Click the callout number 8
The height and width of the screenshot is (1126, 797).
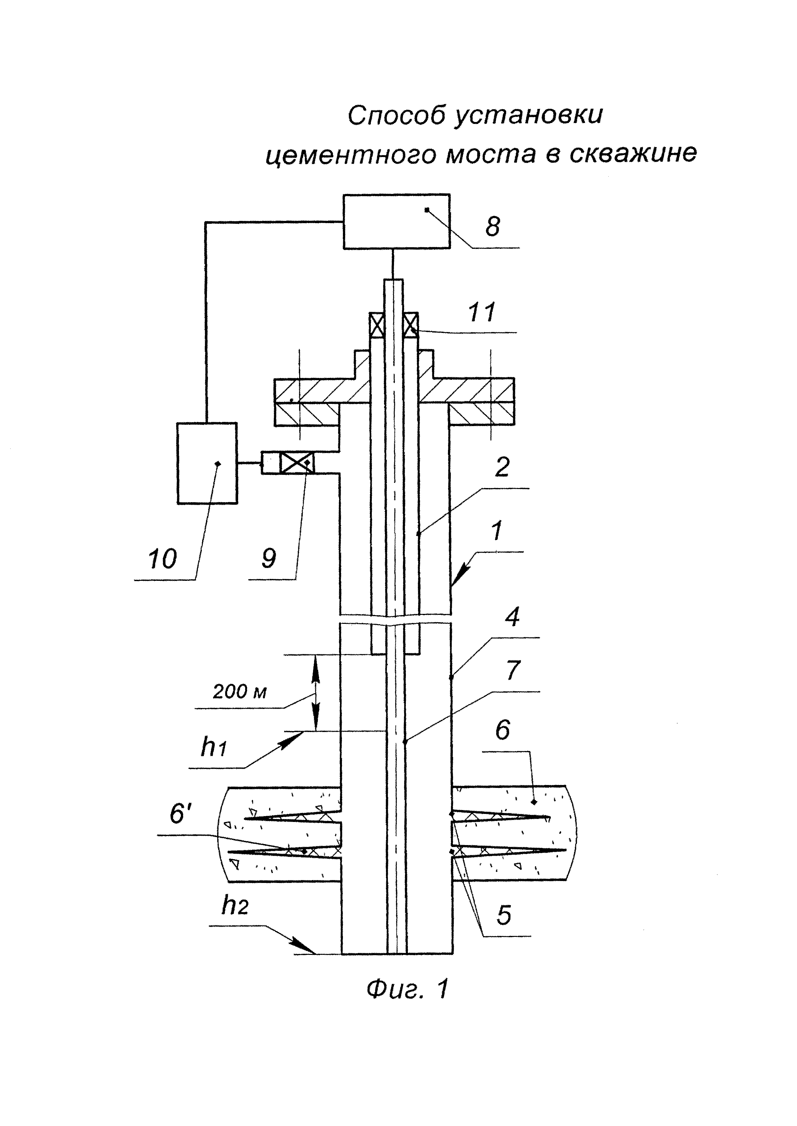pos(493,227)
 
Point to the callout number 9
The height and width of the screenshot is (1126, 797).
pos(269,558)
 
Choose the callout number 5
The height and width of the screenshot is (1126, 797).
pos(504,915)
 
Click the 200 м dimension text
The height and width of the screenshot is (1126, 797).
pos(239,692)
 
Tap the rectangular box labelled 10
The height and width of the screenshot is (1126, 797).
pos(207,463)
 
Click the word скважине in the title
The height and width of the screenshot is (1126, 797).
pos(633,153)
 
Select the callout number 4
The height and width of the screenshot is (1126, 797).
pos(512,616)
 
